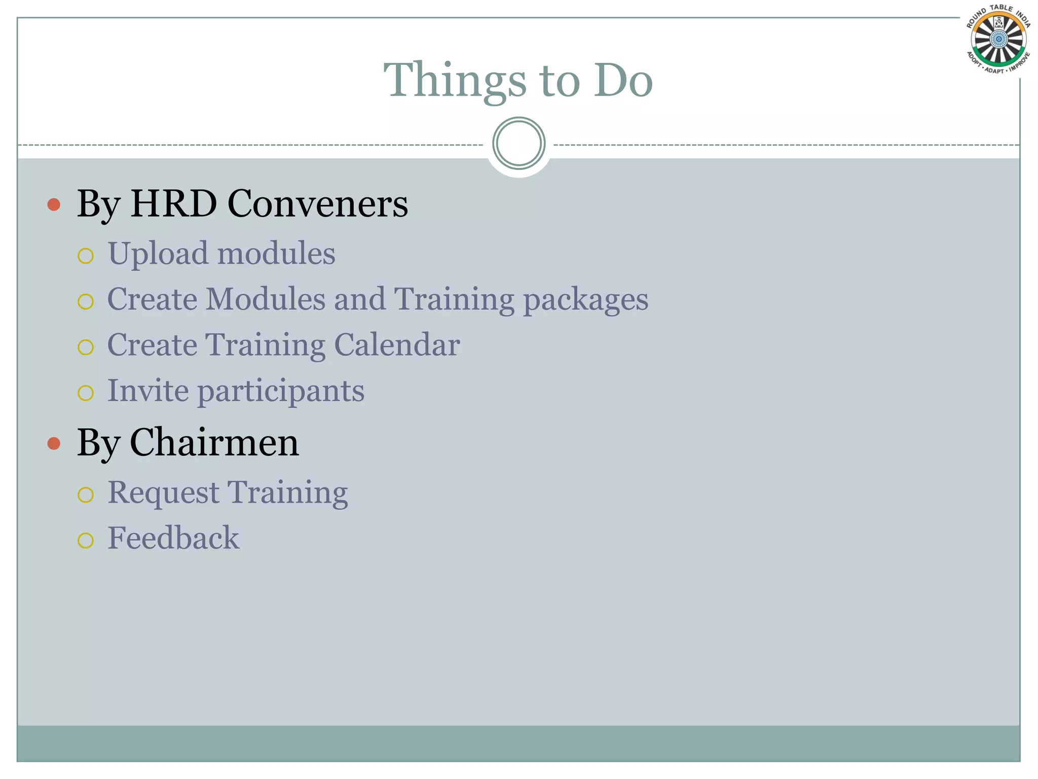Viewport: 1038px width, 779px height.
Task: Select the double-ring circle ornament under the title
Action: click(518, 144)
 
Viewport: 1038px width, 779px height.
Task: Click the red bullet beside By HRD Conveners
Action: click(54, 205)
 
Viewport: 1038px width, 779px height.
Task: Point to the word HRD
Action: click(173, 204)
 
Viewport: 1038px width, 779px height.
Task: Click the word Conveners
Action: click(318, 204)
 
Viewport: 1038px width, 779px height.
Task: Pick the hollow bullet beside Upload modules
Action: click(86, 256)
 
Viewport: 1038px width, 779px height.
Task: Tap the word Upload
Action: click(158, 254)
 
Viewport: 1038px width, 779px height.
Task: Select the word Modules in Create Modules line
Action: click(265, 299)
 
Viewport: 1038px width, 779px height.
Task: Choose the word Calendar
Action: click(397, 345)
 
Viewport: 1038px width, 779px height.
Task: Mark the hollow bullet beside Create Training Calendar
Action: click(86, 347)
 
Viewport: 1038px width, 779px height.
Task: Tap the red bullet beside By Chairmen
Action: click(54, 444)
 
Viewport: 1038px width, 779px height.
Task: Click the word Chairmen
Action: click(214, 443)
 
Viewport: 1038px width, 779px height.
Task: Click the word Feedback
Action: click(173, 538)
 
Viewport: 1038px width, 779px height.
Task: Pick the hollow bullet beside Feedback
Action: click(86, 541)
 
